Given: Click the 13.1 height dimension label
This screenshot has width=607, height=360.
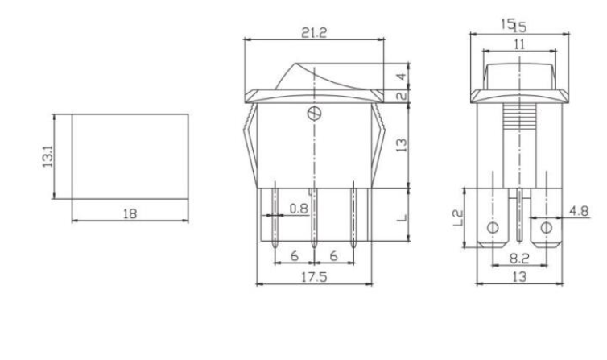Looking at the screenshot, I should tap(46, 156).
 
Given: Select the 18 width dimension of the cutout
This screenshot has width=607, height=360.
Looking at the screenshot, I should tap(130, 213).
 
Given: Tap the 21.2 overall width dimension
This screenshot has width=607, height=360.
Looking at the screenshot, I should tap(314, 33).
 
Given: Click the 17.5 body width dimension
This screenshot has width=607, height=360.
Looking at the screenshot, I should tap(314, 275).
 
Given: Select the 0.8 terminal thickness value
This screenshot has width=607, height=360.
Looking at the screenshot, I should tap(298, 209).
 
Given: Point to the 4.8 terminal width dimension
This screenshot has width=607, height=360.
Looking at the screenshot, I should tap(578, 211).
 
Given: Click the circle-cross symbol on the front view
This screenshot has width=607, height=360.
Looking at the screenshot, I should tap(312, 113).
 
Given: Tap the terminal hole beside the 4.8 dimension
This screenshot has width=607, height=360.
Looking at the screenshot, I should tap(547, 227).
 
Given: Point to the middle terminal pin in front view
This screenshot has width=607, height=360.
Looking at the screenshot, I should tap(314, 217).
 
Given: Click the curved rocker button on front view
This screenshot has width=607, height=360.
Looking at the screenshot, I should tap(314, 77).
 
